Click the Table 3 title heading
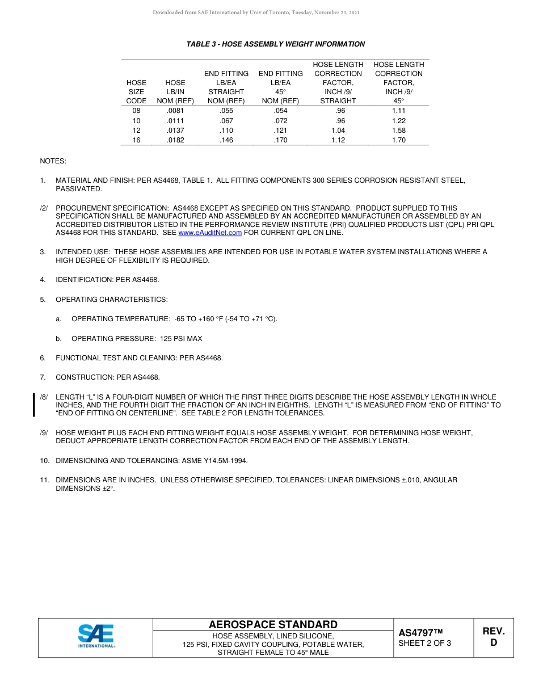pyautogui.click(x=276, y=44)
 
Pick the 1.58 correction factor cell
pyautogui.click(x=398, y=131)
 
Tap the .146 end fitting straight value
pyautogui.click(x=226, y=140)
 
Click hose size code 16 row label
pyautogui.click(x=136, y=140)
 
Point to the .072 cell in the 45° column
pyautogui.click(x=280, y=121)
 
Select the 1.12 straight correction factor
pyautogui.click(x=338, y=140)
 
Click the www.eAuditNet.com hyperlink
pyautogui.click(x=210, y=233)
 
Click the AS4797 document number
pyautogui.click(x=420, y=633)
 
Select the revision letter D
pyautogui.click(x=494, y=643)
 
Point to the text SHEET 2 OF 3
pyautogui.click(x=425, y=644)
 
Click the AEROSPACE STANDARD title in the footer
pyautogui.click(x=273, y=625)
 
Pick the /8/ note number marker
pyautogui.click(x=44, y=397)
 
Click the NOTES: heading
pyautogui.click(x=53, y=161)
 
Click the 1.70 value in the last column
pyautogui.click(x=398, y=140)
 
